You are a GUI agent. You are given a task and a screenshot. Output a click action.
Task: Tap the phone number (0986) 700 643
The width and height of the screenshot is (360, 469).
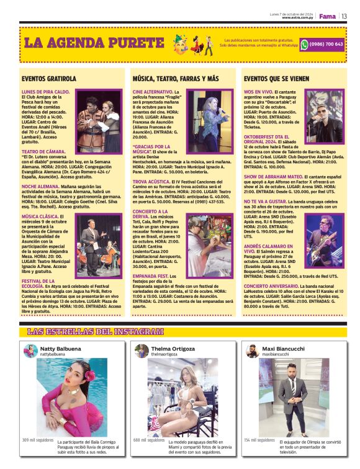(326, 44)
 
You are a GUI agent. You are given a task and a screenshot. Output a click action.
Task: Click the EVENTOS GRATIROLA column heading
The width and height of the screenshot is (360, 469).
(48, 79)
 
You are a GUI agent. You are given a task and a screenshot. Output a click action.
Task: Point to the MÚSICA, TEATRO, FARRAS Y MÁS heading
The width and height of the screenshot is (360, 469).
(176, 79)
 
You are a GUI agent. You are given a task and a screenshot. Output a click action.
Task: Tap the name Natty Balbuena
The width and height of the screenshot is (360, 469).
(60, 349)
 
